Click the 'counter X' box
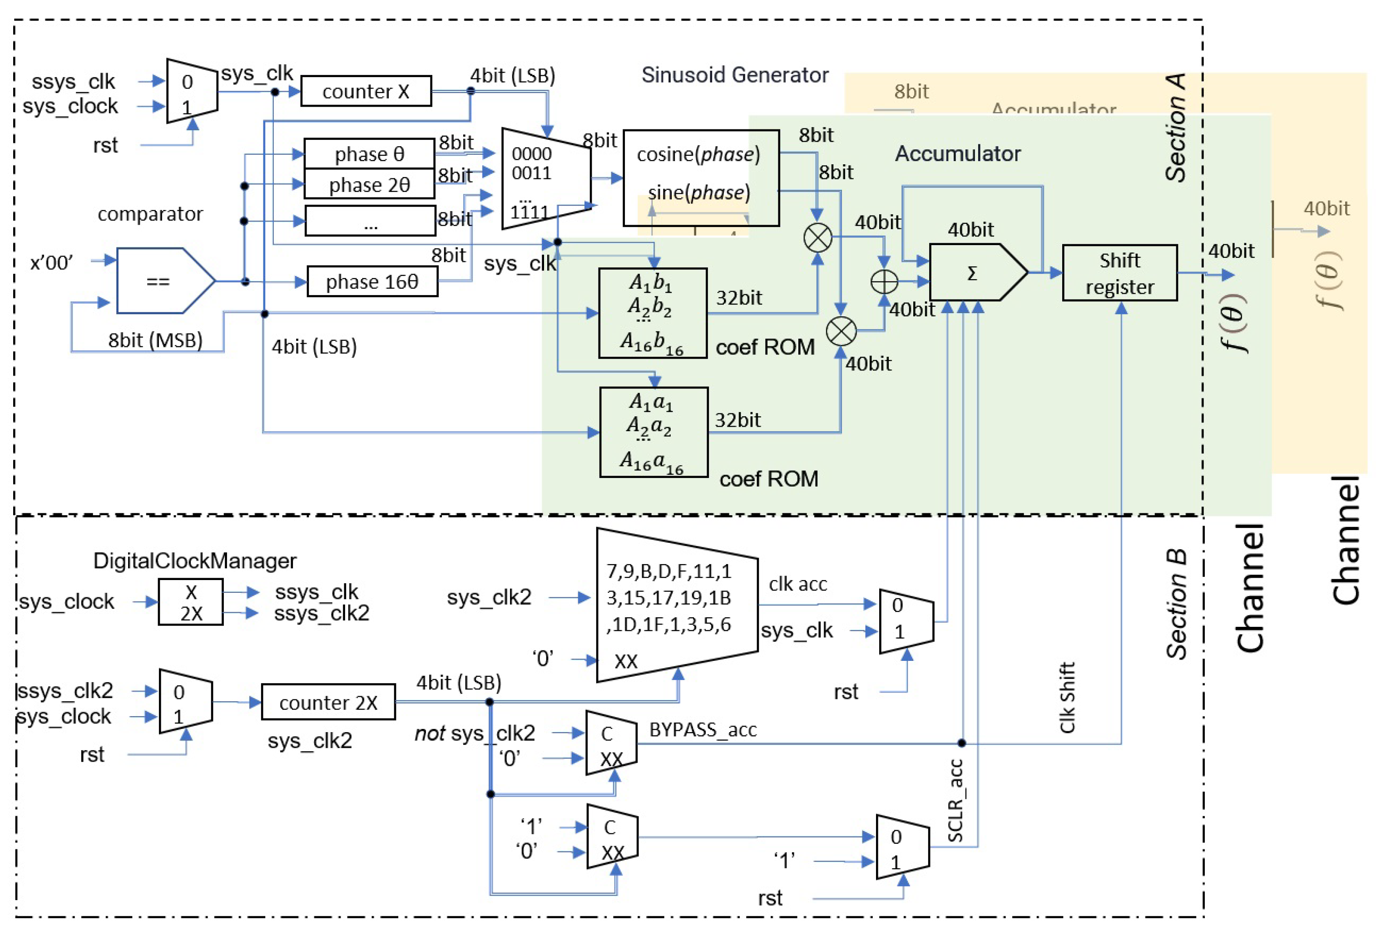[366, 91]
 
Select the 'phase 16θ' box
[372, 282]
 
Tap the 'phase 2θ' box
[370, 185]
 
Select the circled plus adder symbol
[884, 282]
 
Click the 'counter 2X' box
[328, 703]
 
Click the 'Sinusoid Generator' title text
[735, 75]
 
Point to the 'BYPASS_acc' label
[703, 730]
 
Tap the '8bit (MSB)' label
[155, 340]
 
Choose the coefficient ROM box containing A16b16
[653, 313]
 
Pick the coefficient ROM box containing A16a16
[653, 432]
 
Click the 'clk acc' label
[797, 584]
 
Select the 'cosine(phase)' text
[698, 154]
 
